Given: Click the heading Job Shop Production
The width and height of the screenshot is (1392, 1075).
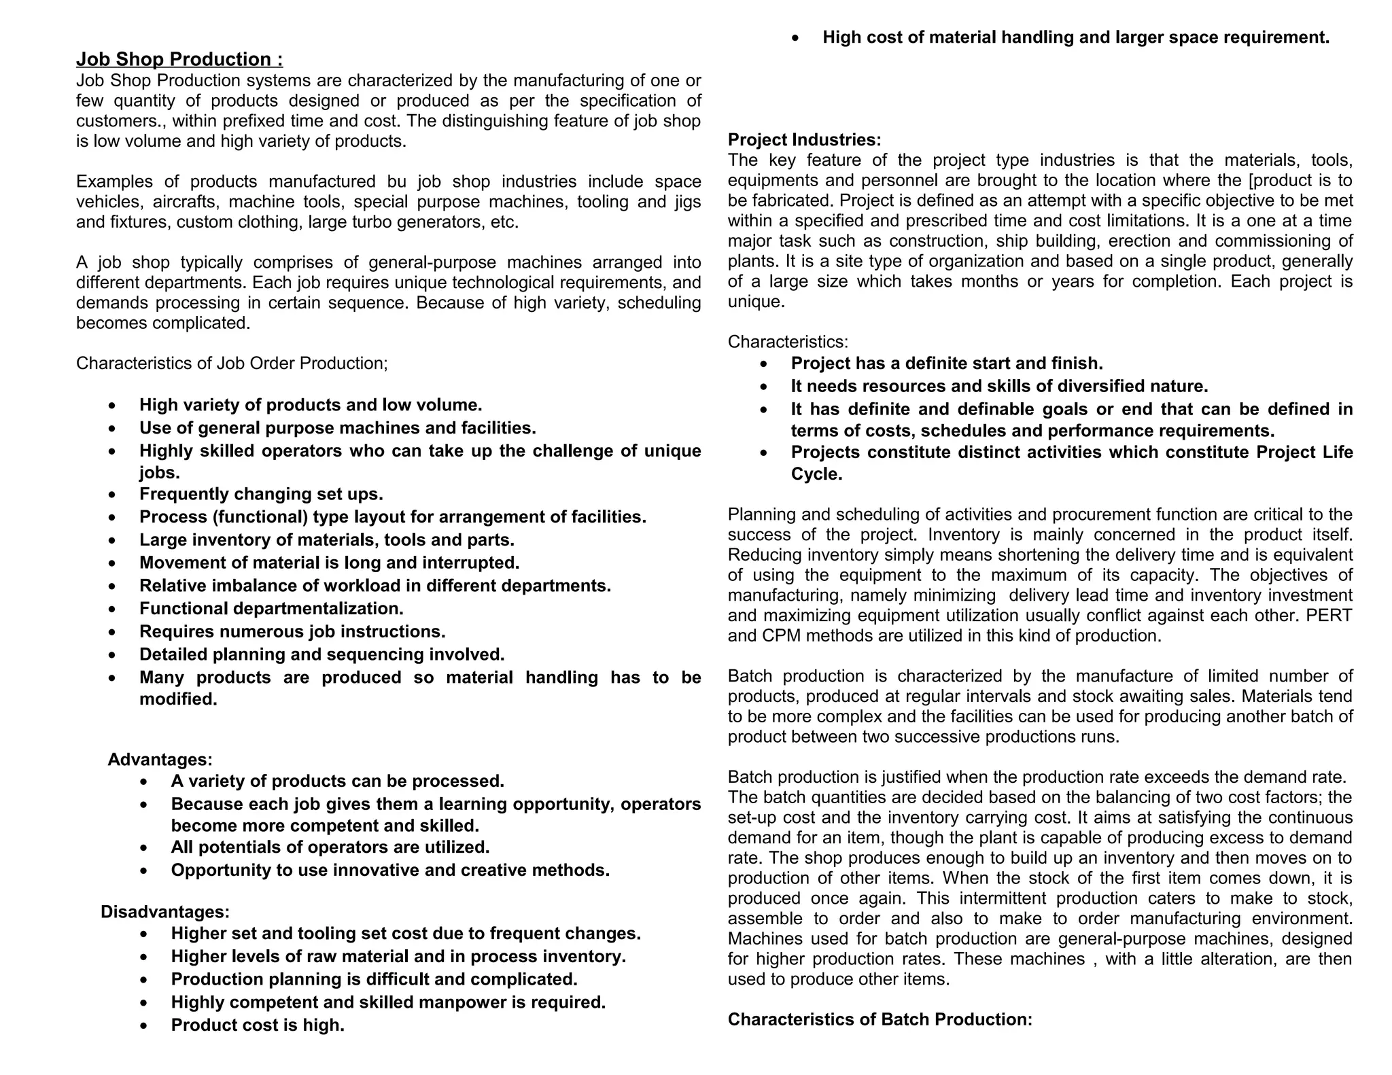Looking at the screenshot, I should click(x=179, y=59).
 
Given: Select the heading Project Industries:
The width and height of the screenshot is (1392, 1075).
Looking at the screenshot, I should click(x=804, y=140).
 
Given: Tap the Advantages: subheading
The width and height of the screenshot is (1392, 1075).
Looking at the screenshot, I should click(x=160, y=759).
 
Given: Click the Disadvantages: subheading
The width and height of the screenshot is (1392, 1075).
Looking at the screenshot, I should click(x=165, y=911).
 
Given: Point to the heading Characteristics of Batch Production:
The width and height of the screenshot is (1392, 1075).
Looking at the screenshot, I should click(x=880, y=1019).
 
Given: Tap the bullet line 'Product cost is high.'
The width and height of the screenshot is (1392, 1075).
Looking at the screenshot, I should click(x=258, y=1025).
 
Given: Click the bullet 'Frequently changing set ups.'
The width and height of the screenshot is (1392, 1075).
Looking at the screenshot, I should click(x=261, y=494).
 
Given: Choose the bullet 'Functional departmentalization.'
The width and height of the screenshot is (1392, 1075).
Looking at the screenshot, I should click(x=271, y=608).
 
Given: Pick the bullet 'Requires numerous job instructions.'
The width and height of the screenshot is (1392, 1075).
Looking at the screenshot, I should click(x=292, y=631).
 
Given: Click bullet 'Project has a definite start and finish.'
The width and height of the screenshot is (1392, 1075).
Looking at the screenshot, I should click(x=946, y=364).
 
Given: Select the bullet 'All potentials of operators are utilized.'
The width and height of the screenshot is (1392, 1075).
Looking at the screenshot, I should click(x=330, y=847).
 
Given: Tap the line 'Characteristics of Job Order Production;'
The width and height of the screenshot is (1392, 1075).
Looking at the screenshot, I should click(x=232, y=364).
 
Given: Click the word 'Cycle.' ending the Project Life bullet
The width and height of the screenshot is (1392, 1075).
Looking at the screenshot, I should click(x=816, y=474).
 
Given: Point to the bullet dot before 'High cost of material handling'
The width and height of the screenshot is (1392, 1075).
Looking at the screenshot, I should click(x=797, y=39).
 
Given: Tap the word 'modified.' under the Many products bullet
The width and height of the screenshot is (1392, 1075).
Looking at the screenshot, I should click(x=178, y=699).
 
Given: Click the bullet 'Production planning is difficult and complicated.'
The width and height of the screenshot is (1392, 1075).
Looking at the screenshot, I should click(x=374, y=979).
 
